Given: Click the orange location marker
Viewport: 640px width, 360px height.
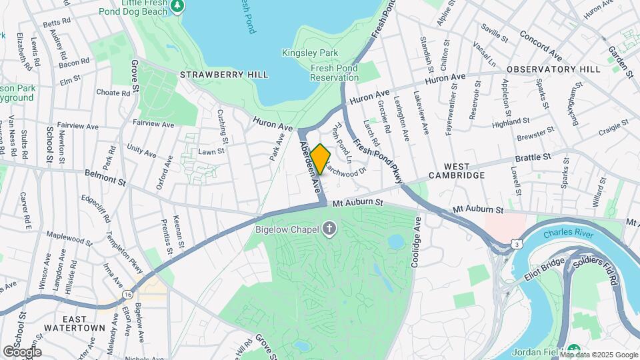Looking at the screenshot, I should (x=320, y=159).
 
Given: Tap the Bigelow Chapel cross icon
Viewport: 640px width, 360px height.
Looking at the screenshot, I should (x=329, y=230).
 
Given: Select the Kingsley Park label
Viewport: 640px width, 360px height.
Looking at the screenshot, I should (x=310, y=53).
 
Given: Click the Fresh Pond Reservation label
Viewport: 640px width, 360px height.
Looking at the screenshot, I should (x=335, y=73).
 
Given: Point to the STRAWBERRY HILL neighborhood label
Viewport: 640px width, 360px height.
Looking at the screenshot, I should (x=223, y=75).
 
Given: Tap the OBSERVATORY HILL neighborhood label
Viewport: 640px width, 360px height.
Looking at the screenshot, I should (x=553, y=69).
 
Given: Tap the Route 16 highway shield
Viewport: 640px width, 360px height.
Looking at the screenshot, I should (x=127, y=294).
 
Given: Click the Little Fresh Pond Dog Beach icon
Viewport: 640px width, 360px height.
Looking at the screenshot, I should (x=177, y=6).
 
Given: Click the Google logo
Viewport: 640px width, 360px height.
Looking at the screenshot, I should (x=21, y=351).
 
